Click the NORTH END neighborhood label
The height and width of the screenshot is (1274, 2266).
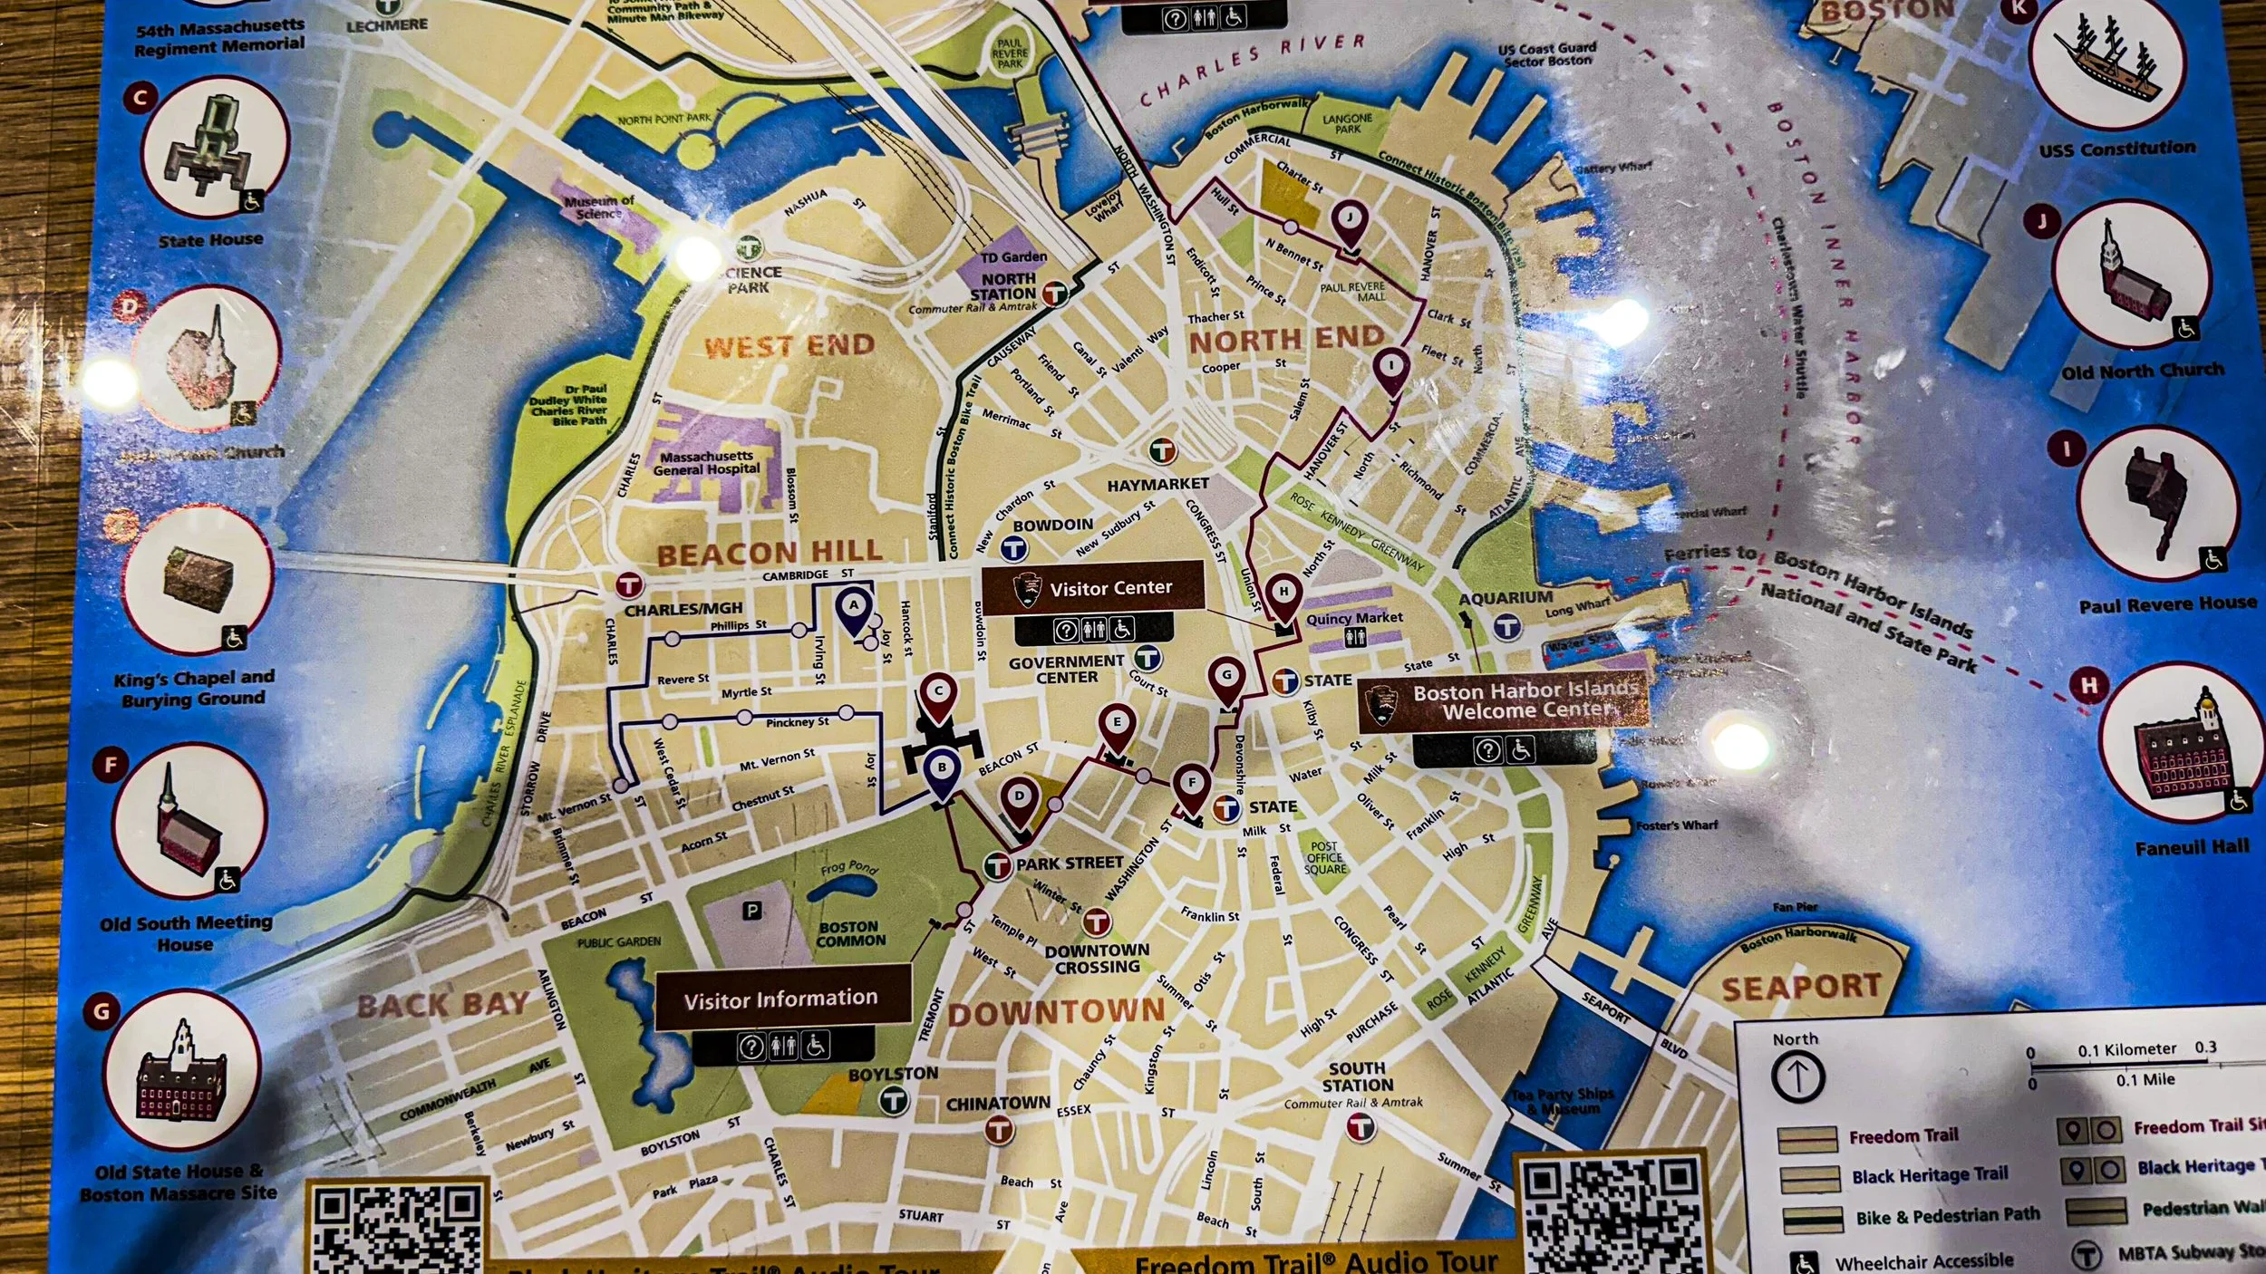[x=1286, y=340]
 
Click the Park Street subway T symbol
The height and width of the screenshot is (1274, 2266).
[x=997, y=865]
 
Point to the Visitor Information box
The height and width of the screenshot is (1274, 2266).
[x=781, y=999]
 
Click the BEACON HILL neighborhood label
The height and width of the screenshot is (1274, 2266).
[x=769, y=552]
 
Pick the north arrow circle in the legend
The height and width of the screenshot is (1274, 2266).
[x=1797, y=1077]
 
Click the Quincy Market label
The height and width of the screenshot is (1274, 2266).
[x=1354, y=618]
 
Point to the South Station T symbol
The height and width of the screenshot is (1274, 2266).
[x=1360, y=1127]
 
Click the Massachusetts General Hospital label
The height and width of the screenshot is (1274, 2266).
[x=706, y=462]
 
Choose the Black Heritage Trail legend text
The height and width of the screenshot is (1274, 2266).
[x=1930, y=1175]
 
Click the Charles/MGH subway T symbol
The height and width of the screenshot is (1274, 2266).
[x=629, y=585]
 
